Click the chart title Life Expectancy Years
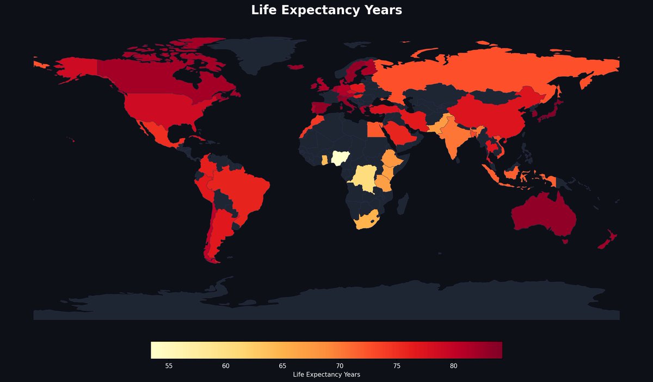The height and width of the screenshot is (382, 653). point(326,10)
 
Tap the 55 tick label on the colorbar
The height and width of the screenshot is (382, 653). point(169,366)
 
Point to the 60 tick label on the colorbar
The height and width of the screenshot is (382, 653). point(226,366)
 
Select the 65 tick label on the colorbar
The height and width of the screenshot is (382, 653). point(282,366)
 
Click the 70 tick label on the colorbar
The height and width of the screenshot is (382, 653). point(340,366)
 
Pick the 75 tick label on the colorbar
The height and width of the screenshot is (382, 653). point(397,366)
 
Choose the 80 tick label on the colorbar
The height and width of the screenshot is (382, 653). point(453,366)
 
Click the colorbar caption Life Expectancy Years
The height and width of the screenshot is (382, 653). point(326,374)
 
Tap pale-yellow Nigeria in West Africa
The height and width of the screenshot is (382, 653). point(341,158)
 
